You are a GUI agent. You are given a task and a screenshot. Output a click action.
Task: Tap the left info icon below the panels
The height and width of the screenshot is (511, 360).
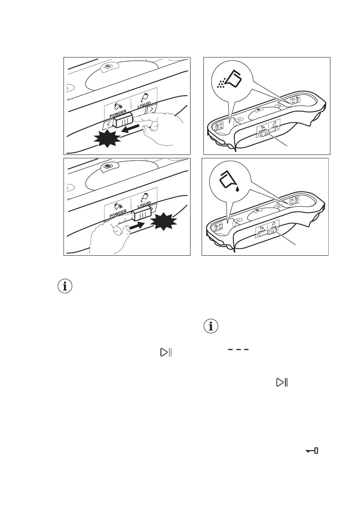pos(65,287)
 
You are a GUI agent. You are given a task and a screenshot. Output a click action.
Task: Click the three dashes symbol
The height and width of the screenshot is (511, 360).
pos(236,350)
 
